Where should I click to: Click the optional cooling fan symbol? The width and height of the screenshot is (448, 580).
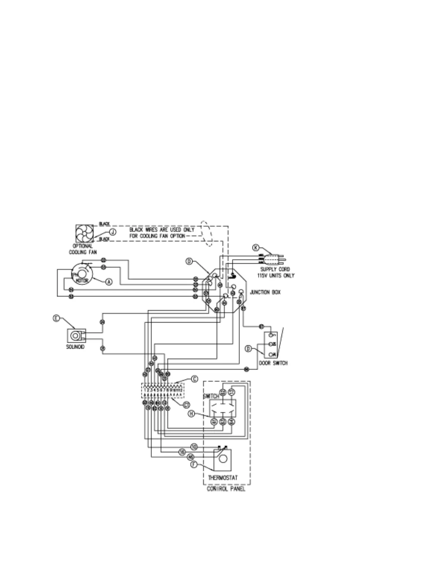click(x=85, y=233)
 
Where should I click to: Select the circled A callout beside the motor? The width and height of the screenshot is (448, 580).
click(x=109, y=282)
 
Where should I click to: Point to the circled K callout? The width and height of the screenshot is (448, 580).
click(x=256, y=248)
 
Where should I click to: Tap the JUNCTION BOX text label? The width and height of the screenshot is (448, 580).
click(x=265, y=293)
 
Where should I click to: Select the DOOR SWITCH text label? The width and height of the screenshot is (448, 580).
click(x=273, y=363)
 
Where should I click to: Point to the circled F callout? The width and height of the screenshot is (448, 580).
click(x=194, y=464)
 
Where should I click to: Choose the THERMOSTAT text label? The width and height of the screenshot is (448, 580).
click(x=223, y=478)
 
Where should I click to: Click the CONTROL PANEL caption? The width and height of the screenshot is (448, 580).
click(x=226, y=489)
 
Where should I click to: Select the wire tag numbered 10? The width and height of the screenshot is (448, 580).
click(x=194, y=447)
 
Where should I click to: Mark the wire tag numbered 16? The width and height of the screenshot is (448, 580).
click(x=182, y=453)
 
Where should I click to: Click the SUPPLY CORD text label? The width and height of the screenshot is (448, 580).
click(x=275, y=269)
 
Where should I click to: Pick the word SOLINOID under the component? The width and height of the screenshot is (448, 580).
click(x=75, y=346)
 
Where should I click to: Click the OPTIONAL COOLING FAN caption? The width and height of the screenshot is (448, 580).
click(x=83, y=249)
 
